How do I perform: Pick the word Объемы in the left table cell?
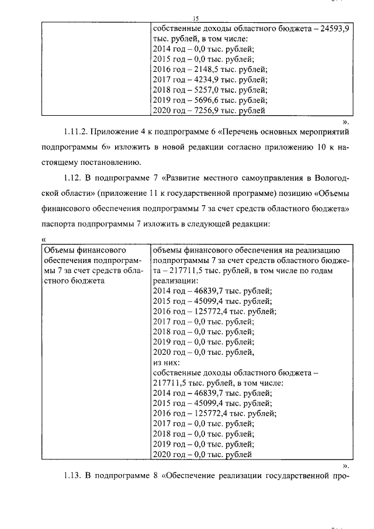[x=60, y=250]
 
